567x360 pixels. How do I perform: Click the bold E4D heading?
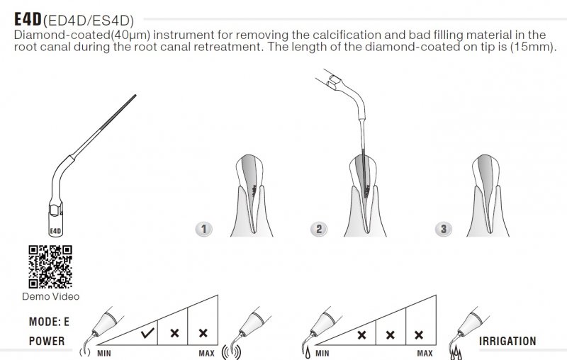point(28,19)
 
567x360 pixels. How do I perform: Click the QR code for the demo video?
point(50,266)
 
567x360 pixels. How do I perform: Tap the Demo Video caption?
point(50,296)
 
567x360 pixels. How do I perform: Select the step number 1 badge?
point(203,229)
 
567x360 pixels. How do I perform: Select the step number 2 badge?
point(318,229)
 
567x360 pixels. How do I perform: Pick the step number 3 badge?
point(444,229)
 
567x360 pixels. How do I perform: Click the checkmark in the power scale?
point(147,333)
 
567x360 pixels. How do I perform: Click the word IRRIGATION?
point(507,341)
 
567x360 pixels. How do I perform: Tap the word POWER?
point(47,341)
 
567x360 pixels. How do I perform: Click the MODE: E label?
point(49,322)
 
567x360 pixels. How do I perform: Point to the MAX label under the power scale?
point(206,353)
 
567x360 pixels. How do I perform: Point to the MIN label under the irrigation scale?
point(322,353)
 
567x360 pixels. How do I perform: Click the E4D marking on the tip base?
point(55,231)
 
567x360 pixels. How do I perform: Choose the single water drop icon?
point(308,352)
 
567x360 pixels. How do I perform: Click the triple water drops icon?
point(456,353)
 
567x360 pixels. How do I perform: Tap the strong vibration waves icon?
point(231,352)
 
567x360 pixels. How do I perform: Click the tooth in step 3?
point(487,196)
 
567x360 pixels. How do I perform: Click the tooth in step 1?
point(252,196)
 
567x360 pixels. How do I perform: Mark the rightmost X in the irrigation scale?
point(419,335)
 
